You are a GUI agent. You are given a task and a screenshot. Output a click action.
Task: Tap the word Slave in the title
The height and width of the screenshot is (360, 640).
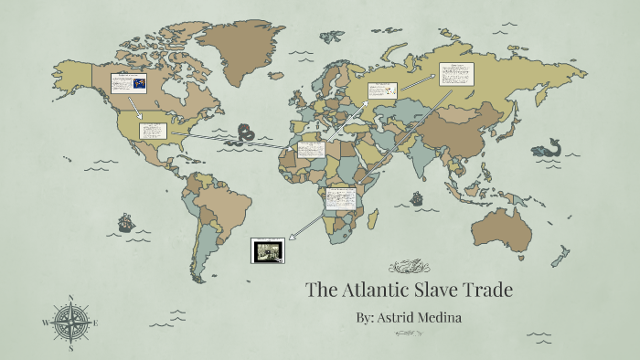click(x=441, y=291)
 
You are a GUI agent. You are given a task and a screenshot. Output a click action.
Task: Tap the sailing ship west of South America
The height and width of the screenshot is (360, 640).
click(x=125, y=222)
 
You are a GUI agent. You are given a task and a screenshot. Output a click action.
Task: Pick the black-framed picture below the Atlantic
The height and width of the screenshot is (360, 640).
click(x=268, y=249)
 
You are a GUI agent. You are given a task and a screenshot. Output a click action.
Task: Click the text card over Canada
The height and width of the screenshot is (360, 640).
click(x=128, y=83)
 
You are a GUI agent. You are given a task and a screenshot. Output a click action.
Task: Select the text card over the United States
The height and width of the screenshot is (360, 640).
click(x=152, y=130)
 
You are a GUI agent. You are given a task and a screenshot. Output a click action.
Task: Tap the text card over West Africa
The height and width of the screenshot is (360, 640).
click(x=312, y=150)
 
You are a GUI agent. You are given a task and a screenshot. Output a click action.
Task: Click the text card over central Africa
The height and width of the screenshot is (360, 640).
click(x=340, y=196)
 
